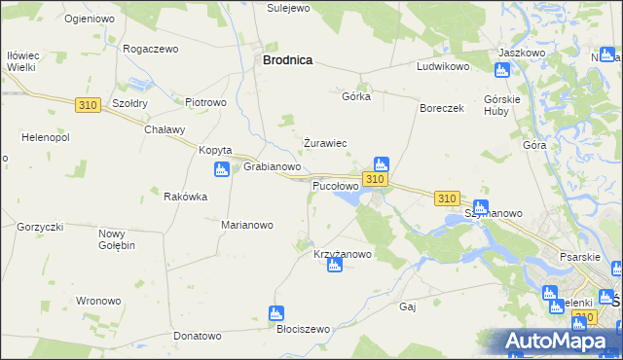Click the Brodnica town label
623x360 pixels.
pyautogui.click(x=287, y=59)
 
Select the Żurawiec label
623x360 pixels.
pyautogui.click(x=324, y=143)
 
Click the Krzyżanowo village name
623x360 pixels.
pyautogui.click(x=343, y=254)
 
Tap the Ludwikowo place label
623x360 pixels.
pyautogui.click(x=443, y=67)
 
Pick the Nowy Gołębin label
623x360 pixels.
pyautogui.click(x=117, y=239)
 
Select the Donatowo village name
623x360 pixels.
pyautogui.click(x=198, y=336)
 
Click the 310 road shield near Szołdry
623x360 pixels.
pyautogui.click(x=87, y=104)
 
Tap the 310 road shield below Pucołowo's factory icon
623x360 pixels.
pyautogui.click(x=376, y=180)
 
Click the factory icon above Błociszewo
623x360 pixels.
pyautogui.click(x=275, y=313)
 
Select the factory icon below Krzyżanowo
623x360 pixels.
pyautogui.click(x=334, y=266)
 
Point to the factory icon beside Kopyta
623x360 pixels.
pyautogui.click(x=222, y=169)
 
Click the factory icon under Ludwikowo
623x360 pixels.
pyautogui.click(x=502, y=70)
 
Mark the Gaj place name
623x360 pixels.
pyautogui.click(x=408, y=306)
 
